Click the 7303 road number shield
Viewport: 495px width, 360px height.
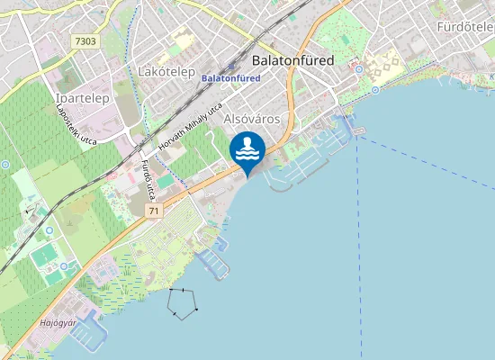point(86,41)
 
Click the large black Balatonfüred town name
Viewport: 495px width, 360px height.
point(293,60)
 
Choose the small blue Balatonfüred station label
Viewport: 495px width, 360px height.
point(231,78)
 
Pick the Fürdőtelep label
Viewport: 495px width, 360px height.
point(465,27)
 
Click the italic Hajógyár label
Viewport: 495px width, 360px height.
point(58,321)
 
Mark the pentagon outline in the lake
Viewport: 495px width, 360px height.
point(183,303)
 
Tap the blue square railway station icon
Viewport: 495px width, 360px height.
point(231,66)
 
